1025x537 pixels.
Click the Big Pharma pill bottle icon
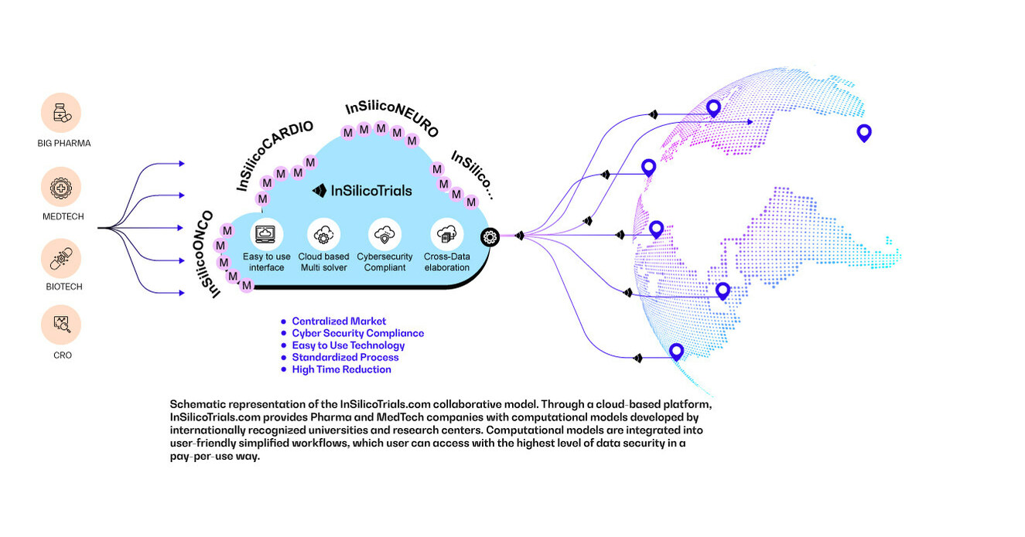[60, 113]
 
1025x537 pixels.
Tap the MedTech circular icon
[60, 188]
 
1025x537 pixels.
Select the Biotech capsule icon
[60, 257]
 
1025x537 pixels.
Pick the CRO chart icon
[60, 325]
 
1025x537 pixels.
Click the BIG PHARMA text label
[63, 144]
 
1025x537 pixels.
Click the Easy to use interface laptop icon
[267, 233]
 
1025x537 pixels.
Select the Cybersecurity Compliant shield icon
[384, 233]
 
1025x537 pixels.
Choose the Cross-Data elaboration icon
[446, 233]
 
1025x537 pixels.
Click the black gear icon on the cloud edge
[489, 237]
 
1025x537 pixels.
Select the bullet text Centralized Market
[339, 321]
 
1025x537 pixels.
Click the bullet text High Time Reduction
[341, 369]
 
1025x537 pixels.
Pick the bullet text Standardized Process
[345, 358]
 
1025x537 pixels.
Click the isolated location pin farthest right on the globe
[864, 134]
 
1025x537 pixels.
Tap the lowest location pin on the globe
[676, 352]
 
